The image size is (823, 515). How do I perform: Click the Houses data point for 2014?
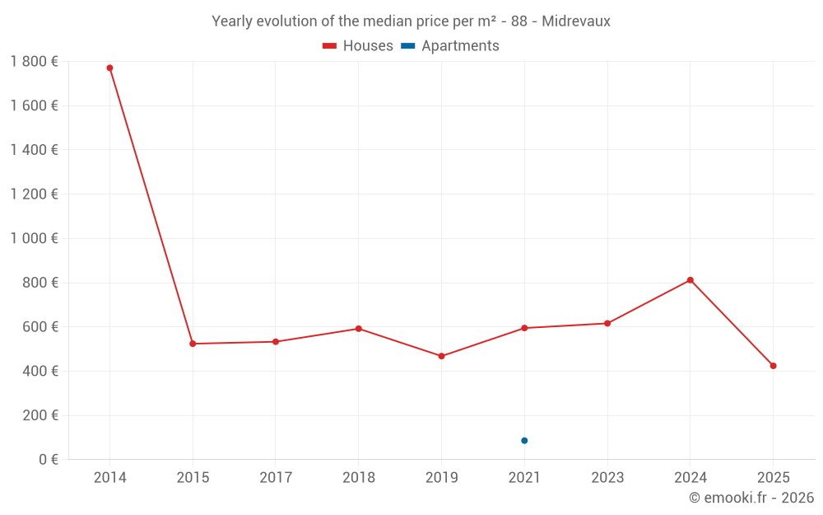point(109,68)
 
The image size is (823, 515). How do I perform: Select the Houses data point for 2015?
point(193,344)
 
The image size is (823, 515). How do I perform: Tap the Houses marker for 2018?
point(359,329)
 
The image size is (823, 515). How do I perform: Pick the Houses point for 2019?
point(441,356)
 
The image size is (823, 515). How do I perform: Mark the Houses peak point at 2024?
point(690,280)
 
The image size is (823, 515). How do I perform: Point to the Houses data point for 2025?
point(773,366)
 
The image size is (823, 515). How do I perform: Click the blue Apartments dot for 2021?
point(524,441)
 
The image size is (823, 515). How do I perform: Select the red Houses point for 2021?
point(524,328)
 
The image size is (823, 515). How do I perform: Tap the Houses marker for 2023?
point(607,323)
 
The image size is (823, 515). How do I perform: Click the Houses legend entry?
point(358,46)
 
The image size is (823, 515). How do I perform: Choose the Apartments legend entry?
point(450,46)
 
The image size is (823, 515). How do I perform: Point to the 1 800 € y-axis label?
point(34,62)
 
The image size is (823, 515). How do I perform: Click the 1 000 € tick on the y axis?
point(34,238)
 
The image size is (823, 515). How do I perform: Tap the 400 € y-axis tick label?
point(38,371)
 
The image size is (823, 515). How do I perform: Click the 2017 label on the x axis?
point(276,478)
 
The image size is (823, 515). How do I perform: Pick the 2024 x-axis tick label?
point(690,478)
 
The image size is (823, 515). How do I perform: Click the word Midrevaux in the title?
point(576,21)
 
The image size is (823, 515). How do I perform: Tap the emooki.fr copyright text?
point(751,498)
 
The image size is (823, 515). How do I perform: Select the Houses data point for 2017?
point(276,341)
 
